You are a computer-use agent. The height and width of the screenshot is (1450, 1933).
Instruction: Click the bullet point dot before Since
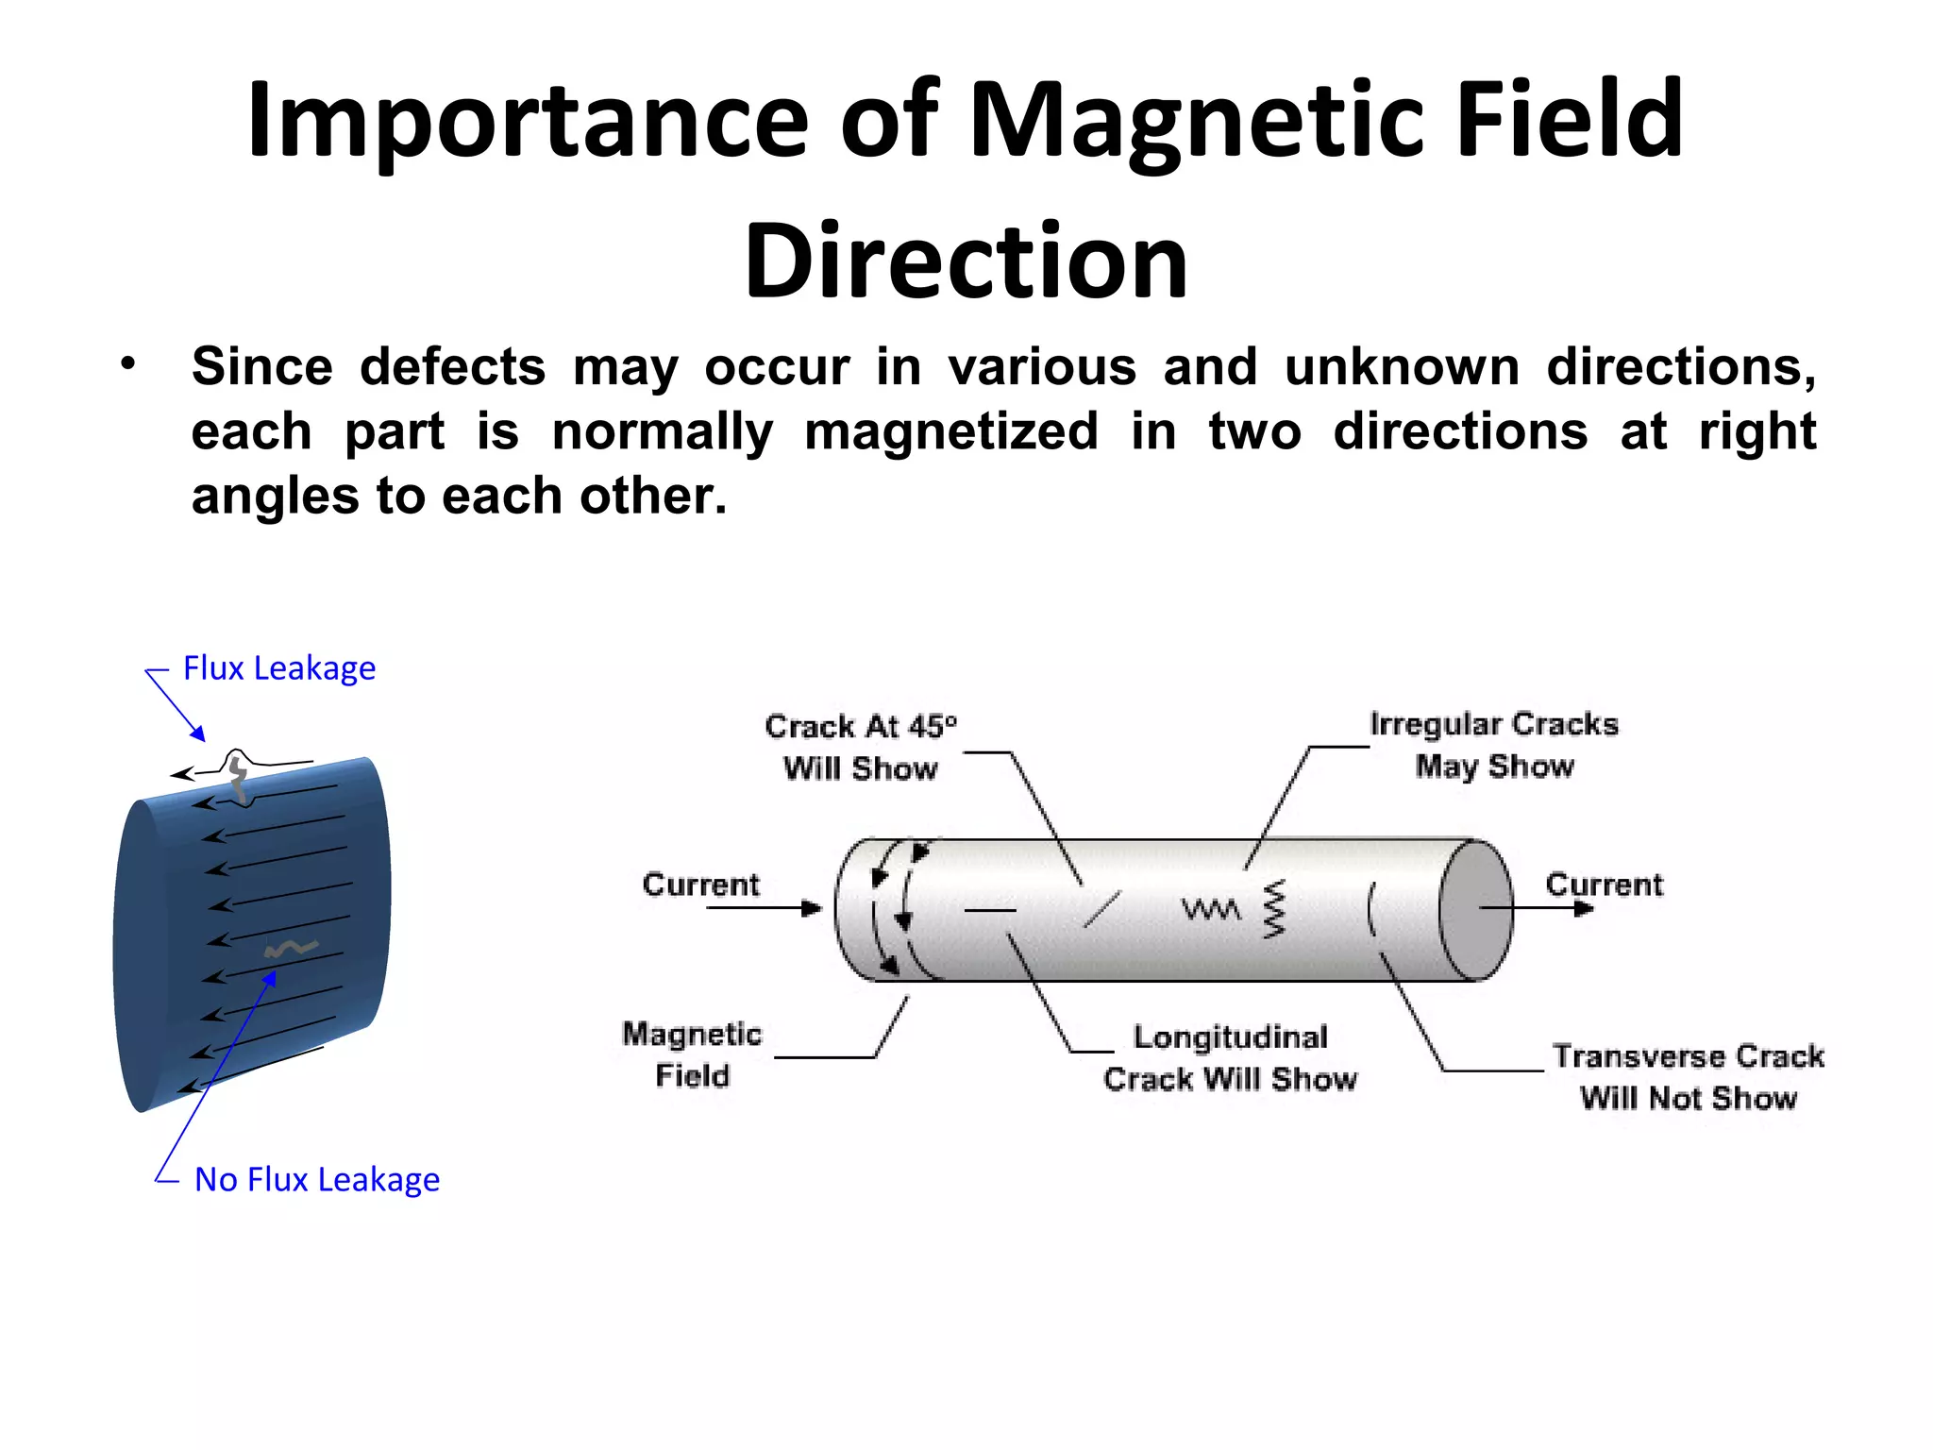[x=128, y=364]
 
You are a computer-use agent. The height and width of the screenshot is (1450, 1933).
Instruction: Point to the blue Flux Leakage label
[x=279, y=668]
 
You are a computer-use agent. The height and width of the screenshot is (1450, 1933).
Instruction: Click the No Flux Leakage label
[x=317, y=1180]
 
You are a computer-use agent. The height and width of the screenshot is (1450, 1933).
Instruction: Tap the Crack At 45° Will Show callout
[x=860, y=747]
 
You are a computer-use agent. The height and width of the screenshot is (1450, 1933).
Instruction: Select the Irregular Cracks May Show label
[x=1494, y=745]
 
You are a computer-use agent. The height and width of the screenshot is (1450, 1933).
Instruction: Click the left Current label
[x=700, y=885]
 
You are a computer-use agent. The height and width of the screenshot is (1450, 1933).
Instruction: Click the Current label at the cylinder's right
[x=1604, y=885]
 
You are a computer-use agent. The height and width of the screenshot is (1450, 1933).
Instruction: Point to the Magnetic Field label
[x=692, y=1054]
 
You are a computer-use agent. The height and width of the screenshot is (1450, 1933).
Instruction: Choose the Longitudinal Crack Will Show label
[x=1230, y=1057]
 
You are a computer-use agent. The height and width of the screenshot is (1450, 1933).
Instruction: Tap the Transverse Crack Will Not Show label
[x=1688, y=1076]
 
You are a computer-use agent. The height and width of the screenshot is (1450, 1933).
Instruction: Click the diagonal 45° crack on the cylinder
[x=1101, y=908]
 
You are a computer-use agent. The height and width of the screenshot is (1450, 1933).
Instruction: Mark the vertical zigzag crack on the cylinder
[x=1274, y=909]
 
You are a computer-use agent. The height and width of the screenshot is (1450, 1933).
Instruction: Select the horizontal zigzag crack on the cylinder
[x=1211, y=910]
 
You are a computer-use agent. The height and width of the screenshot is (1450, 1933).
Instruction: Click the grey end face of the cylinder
[x=1475, y=910]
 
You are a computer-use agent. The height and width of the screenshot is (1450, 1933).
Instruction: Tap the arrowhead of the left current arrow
[x=812, y=908]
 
